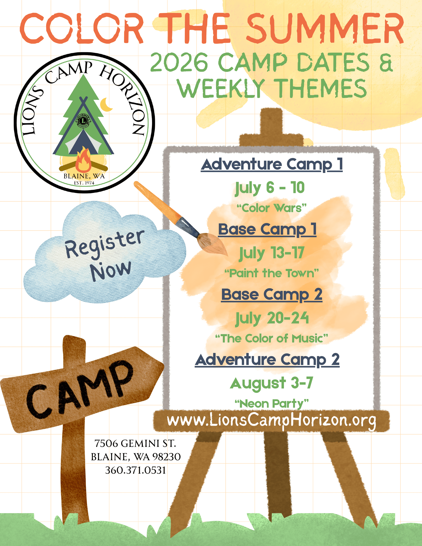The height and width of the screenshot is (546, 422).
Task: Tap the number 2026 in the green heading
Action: pyautogui.click(x=179, y=62)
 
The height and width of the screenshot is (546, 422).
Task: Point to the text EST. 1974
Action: pyautogui.click(x=84, y=183)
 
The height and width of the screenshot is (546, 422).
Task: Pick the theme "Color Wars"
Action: pyautogui.click(x=271, y=208)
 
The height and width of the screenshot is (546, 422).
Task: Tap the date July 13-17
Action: pyautogui.click(x=272, y=253)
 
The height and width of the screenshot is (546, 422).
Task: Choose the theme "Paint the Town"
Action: pyautogui.click(x=272, y=273)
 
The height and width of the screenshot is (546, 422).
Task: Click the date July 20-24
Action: pyautogui.click(x=272, y=318)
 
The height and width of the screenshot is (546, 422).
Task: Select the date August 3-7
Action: pyautogui.click(x=271, y=383)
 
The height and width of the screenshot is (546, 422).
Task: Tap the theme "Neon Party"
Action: pyautogui.click(x=272, y=403)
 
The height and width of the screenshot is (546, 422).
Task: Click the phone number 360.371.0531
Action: pyautogui.click(x=135, y=470)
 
